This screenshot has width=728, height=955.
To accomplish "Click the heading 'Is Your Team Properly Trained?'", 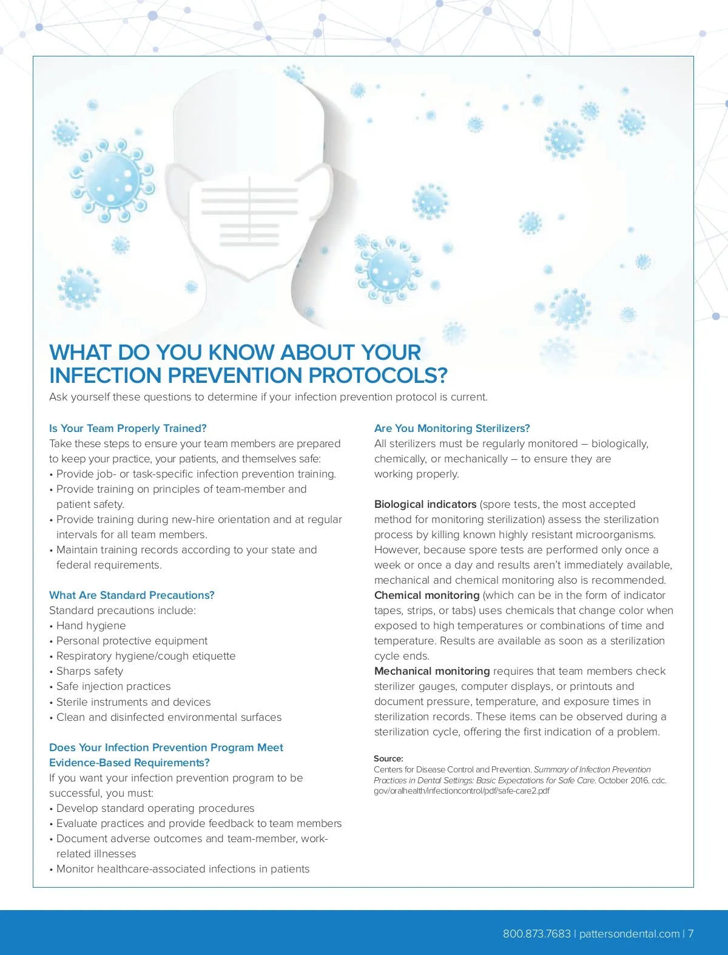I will pos(128,428).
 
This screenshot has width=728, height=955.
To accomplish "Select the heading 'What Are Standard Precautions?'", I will pos(132,595).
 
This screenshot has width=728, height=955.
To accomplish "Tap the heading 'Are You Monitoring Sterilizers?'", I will pos(452,428).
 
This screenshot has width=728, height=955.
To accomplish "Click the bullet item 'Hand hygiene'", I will pos(91,626).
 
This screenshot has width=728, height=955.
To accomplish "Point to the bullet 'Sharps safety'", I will pos(90,671).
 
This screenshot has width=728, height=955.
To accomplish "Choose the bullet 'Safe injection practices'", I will pos(113,686).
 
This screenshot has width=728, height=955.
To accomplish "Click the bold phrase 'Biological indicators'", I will pos(425,504).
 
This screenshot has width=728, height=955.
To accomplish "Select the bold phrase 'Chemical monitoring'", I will pos(427,595).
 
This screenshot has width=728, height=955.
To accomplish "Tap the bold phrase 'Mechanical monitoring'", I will pos(432,671).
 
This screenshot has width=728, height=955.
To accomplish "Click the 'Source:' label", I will pos(388,758).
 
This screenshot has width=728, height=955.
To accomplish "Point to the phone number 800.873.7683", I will pos(536,934).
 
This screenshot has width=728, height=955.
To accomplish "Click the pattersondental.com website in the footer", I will pos(629,934).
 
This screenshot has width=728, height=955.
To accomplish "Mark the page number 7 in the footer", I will pos(690,934).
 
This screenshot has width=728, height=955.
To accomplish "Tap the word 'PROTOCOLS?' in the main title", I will pos(378,376).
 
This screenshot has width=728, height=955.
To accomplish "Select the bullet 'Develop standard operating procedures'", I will pos(155,808).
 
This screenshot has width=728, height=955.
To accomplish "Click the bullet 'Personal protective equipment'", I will pos(132,641).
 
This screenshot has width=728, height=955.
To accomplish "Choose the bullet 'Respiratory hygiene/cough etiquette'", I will pos(146,656).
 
